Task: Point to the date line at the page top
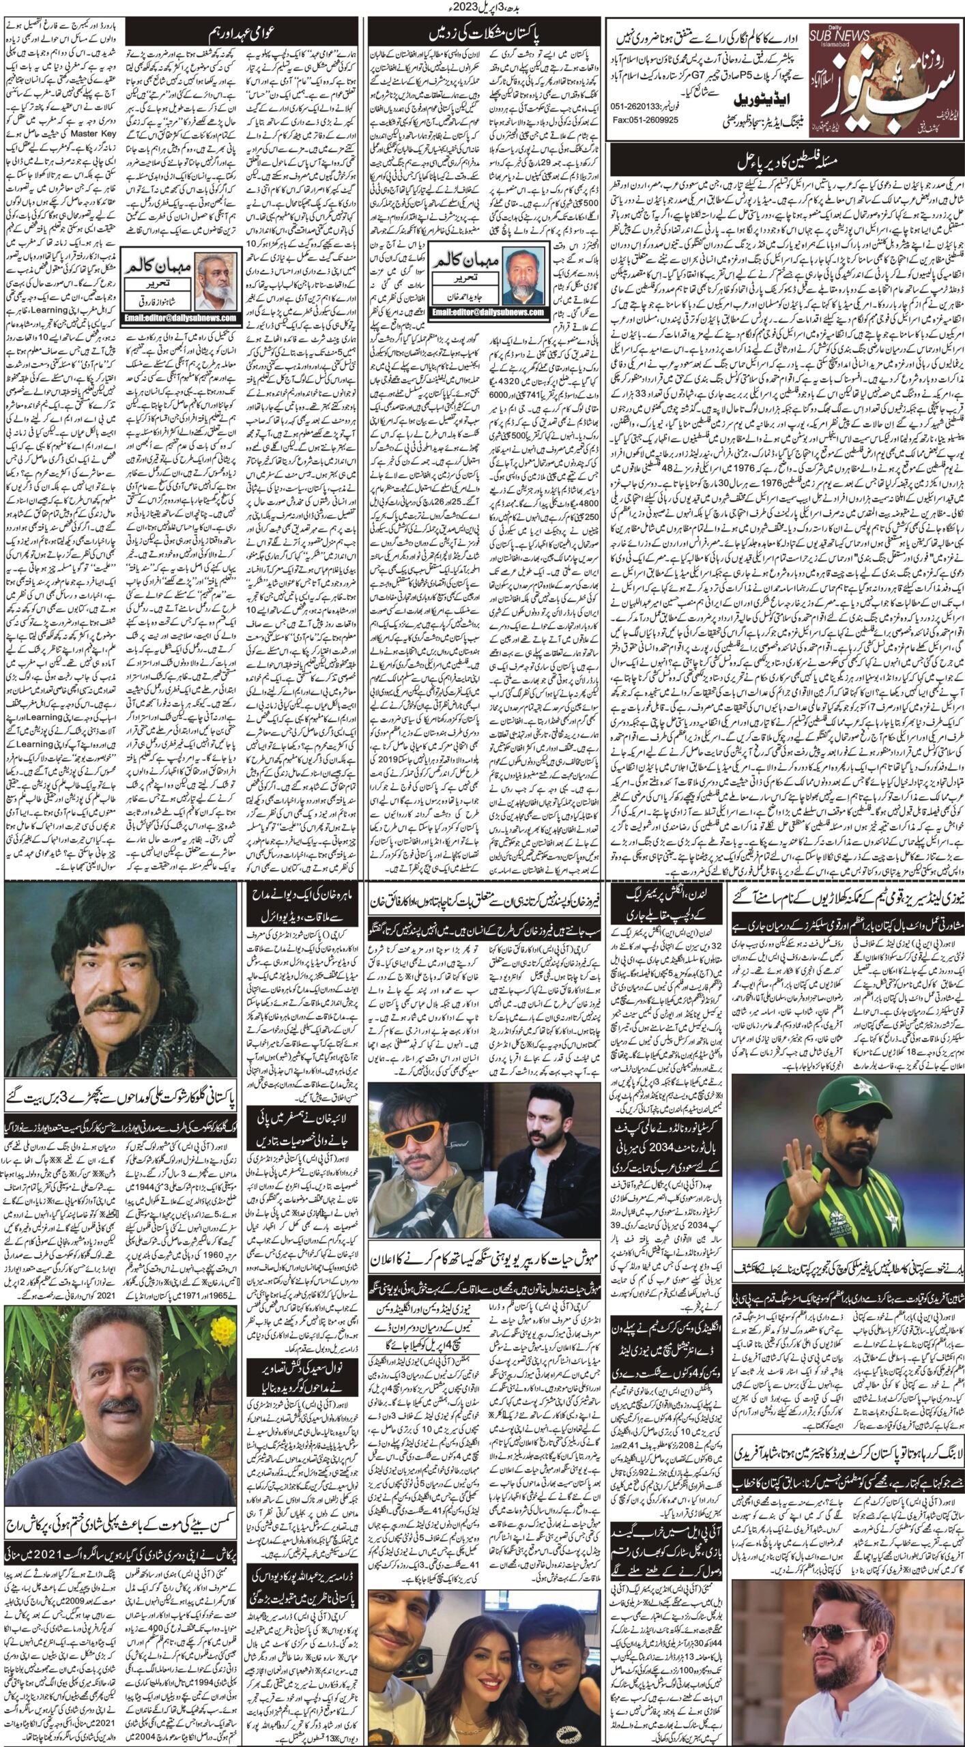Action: (482, 8)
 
